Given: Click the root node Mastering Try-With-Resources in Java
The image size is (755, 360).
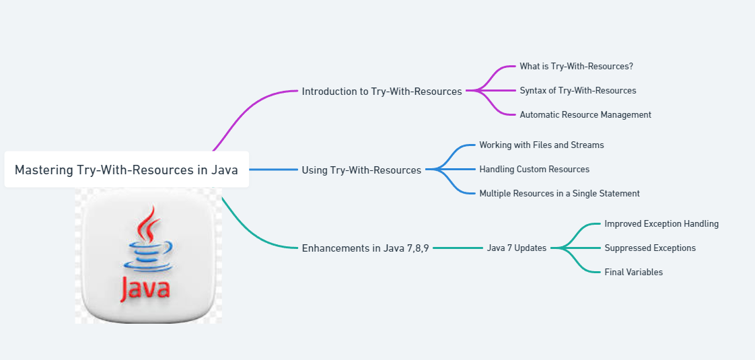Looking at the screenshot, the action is (127, 170).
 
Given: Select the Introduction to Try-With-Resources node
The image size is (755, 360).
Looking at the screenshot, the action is (382, 91).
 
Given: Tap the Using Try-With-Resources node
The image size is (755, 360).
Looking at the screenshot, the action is (361, 170).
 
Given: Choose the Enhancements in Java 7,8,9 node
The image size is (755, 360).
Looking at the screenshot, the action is (365, 248).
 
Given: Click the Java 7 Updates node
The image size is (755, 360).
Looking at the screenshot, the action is (517, 248).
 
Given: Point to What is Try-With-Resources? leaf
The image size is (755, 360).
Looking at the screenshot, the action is (576, 66).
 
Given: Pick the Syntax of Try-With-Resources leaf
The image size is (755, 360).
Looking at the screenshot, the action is (577, 90).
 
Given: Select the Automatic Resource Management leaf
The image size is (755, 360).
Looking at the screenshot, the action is (585, 114).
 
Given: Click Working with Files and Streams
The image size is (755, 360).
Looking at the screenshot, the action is (541, 145).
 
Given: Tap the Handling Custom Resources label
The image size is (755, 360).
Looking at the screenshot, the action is (534, 169).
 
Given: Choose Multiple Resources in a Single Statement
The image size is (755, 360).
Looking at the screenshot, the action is (559, 193).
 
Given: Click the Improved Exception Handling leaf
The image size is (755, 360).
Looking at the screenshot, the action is (661, 223).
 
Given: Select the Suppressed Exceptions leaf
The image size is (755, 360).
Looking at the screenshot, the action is (650, 248).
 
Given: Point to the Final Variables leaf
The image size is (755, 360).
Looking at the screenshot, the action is (633, 272).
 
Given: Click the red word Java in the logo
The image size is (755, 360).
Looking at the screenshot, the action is (146, 289).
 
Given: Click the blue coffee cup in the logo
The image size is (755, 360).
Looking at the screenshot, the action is (149, 257).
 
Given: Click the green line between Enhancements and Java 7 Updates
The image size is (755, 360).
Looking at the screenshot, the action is (458, 248).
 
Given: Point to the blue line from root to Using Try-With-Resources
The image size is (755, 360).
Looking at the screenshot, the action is (273, 170).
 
